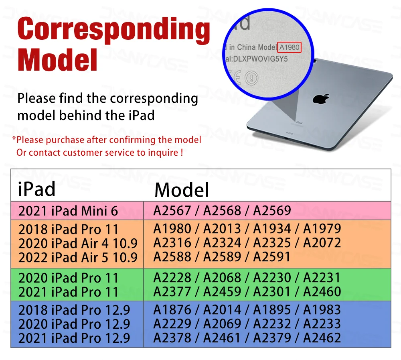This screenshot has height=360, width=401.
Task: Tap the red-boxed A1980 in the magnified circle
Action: (x=290, y=47)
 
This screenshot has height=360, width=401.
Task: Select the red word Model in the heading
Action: (x=57, y=60)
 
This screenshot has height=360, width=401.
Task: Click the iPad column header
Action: (x=36, y=189)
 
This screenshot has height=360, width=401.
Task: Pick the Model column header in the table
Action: (x=182, y=190)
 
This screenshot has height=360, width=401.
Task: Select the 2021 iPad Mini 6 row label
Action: (x=68, y=211)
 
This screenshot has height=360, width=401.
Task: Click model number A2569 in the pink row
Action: (x=272, y=210)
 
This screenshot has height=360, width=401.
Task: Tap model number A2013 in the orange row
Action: (x=222, y=228)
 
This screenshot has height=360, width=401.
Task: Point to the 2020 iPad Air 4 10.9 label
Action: (x=78, y=243)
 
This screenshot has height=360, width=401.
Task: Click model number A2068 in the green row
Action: (x=222, y=278)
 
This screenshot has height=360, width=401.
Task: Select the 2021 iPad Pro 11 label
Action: (x=68, y=292)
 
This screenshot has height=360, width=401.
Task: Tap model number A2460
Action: (x=322, y=292)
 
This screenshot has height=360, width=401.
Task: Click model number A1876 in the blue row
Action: (x=172, y=309)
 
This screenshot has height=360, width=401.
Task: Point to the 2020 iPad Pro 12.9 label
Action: (x=74, y=324)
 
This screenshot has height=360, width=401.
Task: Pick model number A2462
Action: (x=322, y=338)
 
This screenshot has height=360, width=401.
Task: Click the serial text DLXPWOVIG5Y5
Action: (x=260, y=59)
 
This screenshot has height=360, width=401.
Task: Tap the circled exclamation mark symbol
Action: (x=251, y=78)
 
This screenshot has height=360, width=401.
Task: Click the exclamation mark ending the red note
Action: (x=182, y=153)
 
